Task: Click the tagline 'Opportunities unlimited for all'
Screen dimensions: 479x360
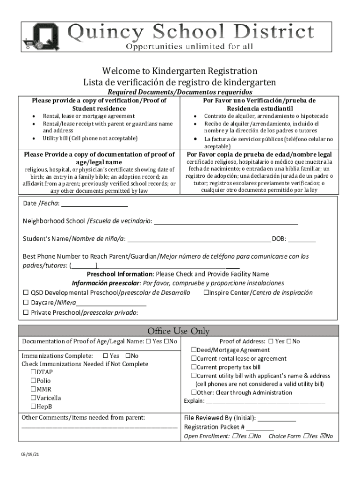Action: pos(189,46)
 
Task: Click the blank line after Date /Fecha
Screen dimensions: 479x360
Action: pos(94,205)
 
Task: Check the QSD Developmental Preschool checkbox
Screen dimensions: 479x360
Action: pos(26,293)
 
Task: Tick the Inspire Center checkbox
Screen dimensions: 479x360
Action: pos(206,293)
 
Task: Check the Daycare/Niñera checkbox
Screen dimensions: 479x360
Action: pos(26,303)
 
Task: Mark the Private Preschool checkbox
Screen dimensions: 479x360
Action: pos(26,312)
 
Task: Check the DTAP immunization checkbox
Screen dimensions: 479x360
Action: pos(34,372)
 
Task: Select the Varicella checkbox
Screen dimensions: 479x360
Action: pos(34,398)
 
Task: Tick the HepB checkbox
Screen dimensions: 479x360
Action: pos(34,406)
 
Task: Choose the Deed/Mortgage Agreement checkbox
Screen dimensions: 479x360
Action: pos(193,350)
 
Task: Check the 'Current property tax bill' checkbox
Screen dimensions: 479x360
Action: pos(193,367)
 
